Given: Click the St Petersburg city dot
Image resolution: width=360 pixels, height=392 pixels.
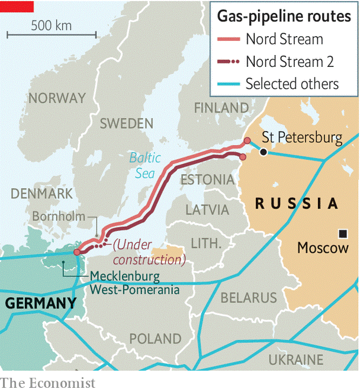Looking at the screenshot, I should coord(263,152).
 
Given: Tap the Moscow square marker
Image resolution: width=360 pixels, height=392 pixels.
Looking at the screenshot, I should coord(342,232).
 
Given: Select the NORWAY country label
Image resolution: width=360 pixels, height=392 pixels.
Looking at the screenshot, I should coord(57,98).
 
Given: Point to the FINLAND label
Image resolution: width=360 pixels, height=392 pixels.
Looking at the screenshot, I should coord(221,108).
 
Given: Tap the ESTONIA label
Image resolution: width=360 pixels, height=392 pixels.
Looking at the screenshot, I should coord(207,179).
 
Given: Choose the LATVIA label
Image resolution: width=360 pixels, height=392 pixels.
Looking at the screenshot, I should coord(207,210).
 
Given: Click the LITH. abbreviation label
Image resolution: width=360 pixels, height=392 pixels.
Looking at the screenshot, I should coord(206,243).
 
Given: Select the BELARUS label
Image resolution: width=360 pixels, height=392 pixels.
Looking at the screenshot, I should coord(249,297).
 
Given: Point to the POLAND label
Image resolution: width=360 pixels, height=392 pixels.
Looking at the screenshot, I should coord(156,339).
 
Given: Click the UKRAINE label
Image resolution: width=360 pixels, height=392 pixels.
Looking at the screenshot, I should coord(296,359).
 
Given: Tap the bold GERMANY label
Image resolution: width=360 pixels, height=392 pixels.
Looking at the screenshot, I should coord(41,304).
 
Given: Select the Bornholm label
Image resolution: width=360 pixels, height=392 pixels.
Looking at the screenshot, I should coord(59,216).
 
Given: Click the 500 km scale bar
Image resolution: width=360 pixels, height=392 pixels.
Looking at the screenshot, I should coord(52,35).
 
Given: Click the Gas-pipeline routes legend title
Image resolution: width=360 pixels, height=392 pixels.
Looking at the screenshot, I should coord(284,16).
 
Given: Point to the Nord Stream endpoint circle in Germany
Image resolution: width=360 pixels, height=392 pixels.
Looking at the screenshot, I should coord(76,252).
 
